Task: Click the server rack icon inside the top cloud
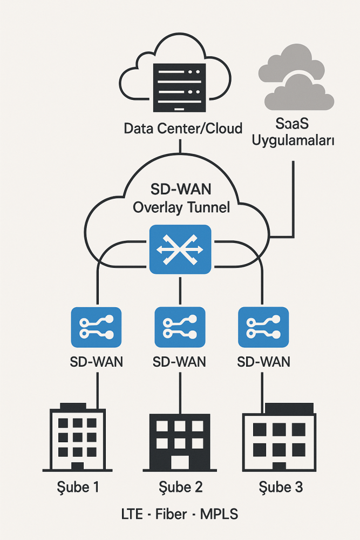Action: (x=180, y=87)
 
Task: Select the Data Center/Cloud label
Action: (x=183, y=129)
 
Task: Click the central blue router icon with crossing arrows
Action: (x=180, y=249)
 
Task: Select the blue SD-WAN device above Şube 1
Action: (x=97, y=327)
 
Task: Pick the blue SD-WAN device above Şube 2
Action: (x=180, y=327)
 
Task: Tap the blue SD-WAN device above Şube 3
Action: (x=263, y=327)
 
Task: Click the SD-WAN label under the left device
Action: (x=97, y=361)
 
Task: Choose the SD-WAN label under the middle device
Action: (x=180, y=361)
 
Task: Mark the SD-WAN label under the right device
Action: (x=264, y=361)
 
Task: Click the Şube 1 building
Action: (x=78, y=437)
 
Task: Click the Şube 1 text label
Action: (x=78, y=487)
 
